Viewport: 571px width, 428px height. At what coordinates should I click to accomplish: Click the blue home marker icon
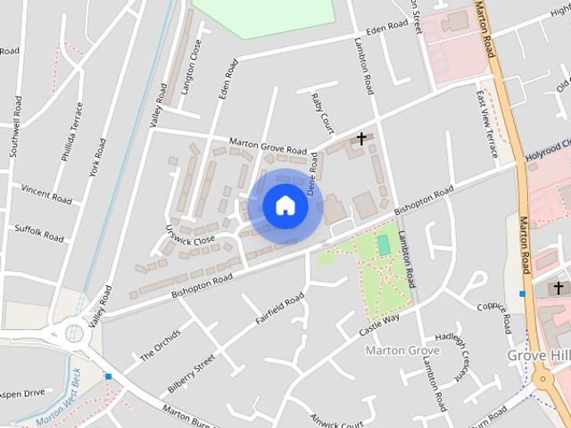pos(285,206)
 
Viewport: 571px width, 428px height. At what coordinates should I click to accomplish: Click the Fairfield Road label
pos(280,316)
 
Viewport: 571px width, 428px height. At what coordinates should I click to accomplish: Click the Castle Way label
pos(379,324)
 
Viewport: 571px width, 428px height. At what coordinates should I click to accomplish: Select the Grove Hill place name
pos(538,355)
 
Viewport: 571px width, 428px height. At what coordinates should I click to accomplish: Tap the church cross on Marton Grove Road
pos(361,138)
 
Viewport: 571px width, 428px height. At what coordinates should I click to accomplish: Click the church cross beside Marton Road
pos(559,288)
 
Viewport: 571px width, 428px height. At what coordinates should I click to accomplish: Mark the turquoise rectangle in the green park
pos(384,244)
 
